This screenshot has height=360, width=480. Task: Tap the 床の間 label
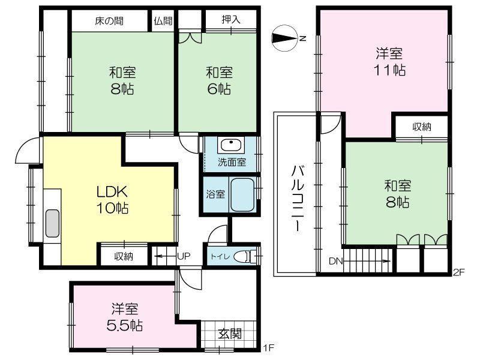click(109, 21)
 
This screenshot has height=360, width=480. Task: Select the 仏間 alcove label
click(163, 21)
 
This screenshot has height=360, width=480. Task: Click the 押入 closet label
click(231, 20)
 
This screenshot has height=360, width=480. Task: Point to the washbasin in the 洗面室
click(231, 145)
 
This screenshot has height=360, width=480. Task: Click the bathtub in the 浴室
click(242, 194)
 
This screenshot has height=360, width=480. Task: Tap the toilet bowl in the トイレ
click(244, 256)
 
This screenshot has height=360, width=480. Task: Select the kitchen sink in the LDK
click(52, 223)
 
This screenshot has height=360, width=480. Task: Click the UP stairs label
click(184, 256)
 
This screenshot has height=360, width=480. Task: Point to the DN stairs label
click(335, 262)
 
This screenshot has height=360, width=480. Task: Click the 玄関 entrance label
click(230, 334)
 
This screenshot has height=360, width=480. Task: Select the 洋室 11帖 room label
click(389, 62)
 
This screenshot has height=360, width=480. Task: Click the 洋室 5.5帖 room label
click(125, 317)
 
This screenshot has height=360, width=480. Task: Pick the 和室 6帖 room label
click(219, 81)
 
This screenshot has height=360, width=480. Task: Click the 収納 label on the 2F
click(422, 127)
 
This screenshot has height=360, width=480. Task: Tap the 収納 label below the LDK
click(124, 256)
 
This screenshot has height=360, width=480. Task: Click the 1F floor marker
click(269, 348)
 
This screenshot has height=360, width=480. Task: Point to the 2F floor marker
click(459, 272)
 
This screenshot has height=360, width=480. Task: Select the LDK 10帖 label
click(112, 200)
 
